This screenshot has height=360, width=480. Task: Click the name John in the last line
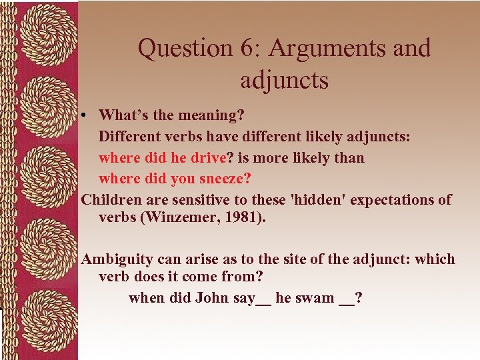tap(212, 297)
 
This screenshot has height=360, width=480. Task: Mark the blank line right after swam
tap(347, 301)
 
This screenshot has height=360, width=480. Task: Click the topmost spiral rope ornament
tap(39, 33)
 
